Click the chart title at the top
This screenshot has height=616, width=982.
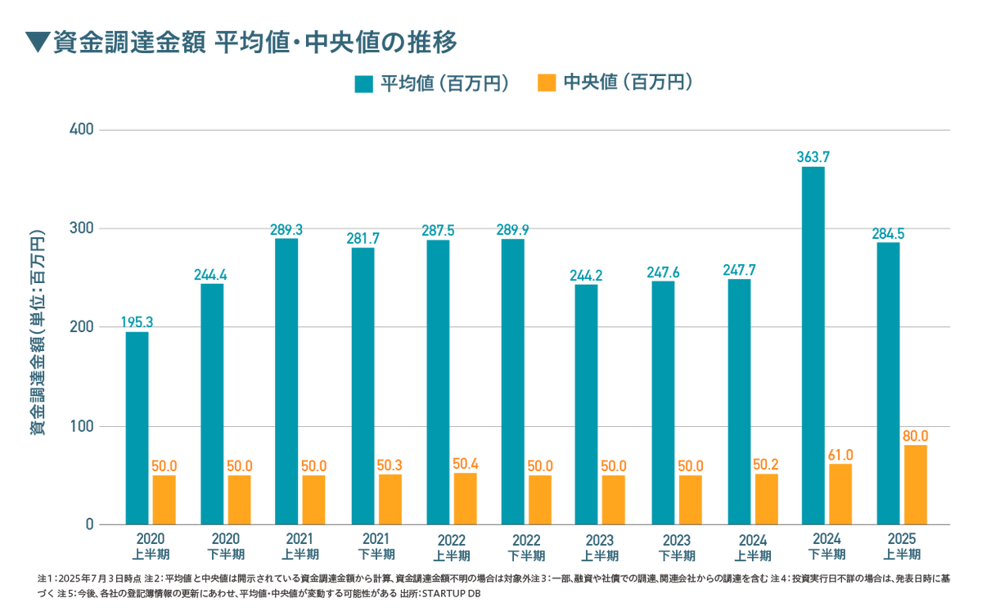coord(254,42)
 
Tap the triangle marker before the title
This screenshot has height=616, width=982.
coord(36,43)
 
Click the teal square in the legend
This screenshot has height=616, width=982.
coord(363,83)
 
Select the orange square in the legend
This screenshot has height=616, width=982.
coord(547,83)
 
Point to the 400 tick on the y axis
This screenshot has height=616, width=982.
coord(86,129)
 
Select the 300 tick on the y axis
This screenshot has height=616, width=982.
coord(86,228)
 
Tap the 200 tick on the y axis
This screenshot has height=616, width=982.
coord(86,327)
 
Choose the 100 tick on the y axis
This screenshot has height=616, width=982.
coord(86,426)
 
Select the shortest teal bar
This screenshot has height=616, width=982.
coord(137,425)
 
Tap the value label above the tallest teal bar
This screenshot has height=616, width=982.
coord(813,156)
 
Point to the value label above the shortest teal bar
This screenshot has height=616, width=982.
coord(137,320)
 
